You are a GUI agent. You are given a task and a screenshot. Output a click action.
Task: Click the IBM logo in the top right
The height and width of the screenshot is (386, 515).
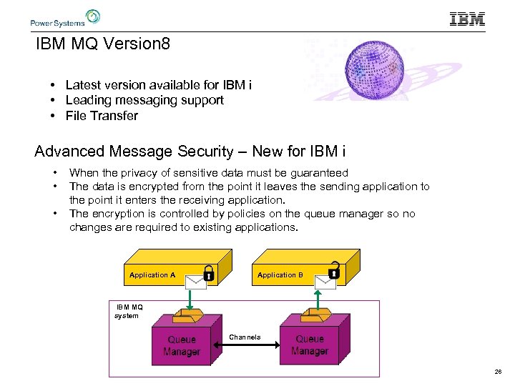[467, 19]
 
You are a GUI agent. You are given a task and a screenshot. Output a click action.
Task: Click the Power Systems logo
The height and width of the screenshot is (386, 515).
[64, 19]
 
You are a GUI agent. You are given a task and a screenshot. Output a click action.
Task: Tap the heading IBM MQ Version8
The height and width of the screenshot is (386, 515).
[104, 44]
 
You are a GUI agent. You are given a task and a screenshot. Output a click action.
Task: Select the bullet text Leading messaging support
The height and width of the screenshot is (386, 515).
[144, 100]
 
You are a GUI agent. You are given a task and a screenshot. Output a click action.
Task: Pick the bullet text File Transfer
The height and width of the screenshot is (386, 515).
[102, 116]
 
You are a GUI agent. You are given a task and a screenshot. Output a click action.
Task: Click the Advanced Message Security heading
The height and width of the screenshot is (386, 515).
[190, 152]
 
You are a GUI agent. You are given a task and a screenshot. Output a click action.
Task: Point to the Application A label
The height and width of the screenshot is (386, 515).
[152, 275]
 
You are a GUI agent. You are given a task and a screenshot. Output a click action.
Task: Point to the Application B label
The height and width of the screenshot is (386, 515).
[280, 275]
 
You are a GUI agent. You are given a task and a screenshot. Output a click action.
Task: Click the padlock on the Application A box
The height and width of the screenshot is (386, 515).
[208, 272]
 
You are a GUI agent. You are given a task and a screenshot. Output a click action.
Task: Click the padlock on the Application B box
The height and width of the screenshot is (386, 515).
[333, 272]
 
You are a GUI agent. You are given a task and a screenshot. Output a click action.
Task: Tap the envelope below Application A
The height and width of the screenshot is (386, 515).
[195, 282]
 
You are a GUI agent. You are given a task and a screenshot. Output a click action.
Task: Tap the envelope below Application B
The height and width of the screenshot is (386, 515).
[325, 282]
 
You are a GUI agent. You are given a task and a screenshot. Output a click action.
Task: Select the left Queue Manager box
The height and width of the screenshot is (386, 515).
[182, 346]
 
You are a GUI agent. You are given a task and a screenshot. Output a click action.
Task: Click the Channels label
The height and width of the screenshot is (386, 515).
[245, 337]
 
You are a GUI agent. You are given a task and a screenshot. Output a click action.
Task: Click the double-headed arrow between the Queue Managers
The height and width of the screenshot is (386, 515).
[245, 345]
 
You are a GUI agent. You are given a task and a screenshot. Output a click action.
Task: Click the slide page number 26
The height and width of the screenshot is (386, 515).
[497, 372]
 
